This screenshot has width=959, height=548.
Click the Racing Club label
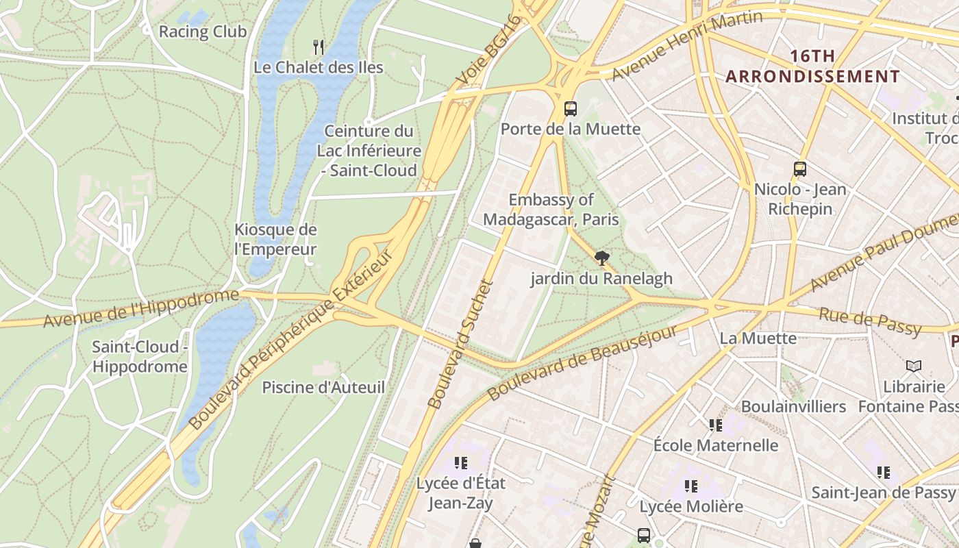click(x=203, y=32)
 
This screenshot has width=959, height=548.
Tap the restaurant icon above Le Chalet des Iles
click(x=319, y=47)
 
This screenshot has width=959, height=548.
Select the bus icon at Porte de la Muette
click(x=571, y=108)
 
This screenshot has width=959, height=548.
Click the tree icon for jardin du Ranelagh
click(x=601, y=258)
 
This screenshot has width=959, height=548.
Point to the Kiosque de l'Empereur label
click(x=275, y=239)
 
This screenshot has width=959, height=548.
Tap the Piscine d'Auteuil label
click(x=323, y=388)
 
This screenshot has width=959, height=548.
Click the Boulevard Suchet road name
click(x=460, y=345)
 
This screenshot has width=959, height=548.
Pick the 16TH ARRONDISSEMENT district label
click(x=812, y=66)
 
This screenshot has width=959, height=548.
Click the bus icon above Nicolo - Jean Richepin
click(x=799, y=169)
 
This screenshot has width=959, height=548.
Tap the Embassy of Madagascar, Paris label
click(x=551, y=210)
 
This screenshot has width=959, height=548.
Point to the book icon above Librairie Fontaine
click(x=914, y=366)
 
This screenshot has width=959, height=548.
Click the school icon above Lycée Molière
click(x=691, y=486)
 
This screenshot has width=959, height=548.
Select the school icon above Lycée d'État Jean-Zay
click(x=461, y=463)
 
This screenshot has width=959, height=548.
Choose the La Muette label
click(x=758, y=338)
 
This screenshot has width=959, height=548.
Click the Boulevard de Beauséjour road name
click(x=582, y=364)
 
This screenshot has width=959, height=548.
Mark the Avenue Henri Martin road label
click(x=687, y=45)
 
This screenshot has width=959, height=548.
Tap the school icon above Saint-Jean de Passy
click(x=884, y=472)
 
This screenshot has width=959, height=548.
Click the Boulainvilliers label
click(x=793, y=407)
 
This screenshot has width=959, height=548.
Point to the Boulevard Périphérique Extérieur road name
click(x=292, y=340)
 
